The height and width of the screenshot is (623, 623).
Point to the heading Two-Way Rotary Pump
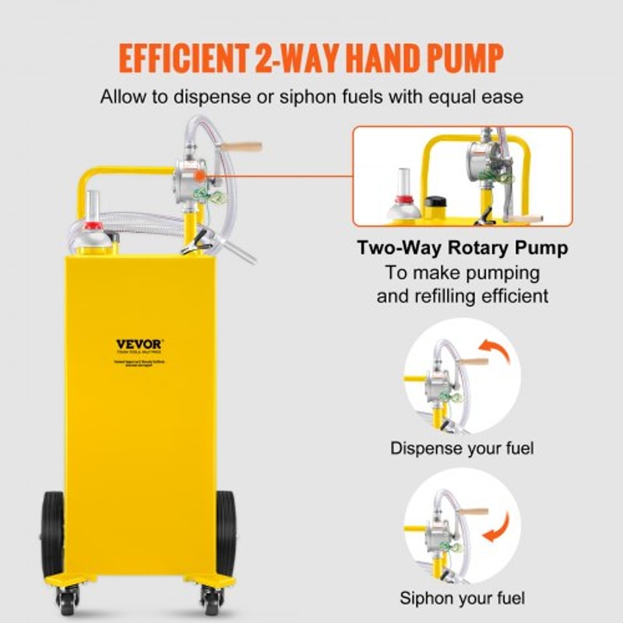[463, 248]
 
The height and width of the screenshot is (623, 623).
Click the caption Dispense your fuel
[463, 449]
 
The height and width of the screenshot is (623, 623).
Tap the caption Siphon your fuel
[463, 598]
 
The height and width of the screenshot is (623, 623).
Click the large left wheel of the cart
[53, 533]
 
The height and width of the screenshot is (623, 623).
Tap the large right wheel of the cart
[225, 533]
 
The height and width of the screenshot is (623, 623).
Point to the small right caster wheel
[209, 599]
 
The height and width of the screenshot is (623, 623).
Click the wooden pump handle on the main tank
[242, 146]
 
